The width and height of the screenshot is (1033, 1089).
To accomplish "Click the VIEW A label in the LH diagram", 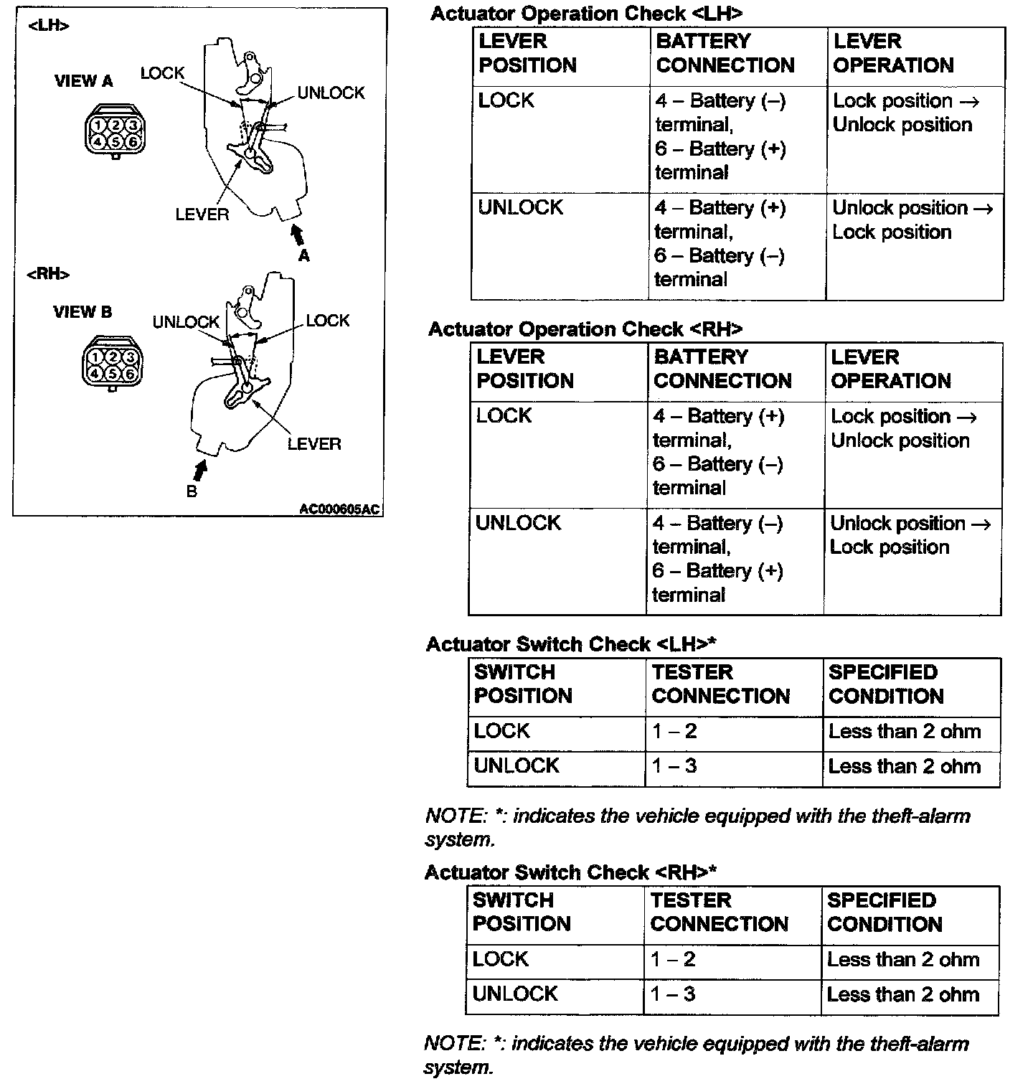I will click(x=83, y=81).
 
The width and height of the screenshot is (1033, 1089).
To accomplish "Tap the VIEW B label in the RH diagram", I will click(x=82, y=312).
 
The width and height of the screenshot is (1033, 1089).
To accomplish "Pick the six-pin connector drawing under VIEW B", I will click(x=113, y=364).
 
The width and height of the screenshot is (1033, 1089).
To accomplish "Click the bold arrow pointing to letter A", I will click(x=298, y=235).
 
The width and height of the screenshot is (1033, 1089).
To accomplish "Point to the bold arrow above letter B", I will click(x=199, y=469).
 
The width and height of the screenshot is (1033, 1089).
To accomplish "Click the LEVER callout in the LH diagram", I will click(x=202, y=214).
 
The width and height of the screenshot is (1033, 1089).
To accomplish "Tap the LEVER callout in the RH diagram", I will click(x=314, y=444).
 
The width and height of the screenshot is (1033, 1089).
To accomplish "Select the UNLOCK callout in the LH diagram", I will click(x=331, y=93).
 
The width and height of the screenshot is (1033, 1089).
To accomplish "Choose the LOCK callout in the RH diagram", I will click(x=327, y=321).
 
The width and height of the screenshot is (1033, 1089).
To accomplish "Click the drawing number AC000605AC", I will click(x=339, y=509).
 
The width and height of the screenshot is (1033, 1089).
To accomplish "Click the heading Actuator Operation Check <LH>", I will click(x=585, y=14).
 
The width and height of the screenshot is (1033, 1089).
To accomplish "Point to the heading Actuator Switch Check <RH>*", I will click(x=570, y=872).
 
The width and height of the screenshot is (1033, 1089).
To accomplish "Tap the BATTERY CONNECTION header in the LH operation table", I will click(x=725, y=53).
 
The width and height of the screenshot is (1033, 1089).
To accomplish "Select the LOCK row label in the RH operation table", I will click(x=504, y=416).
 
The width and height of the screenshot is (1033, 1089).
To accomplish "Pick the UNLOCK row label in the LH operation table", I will click(x=520, y=208).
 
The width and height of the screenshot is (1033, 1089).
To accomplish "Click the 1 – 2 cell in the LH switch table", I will click(x=674, y=732).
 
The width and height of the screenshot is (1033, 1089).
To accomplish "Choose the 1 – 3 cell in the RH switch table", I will click(x=673, y=994).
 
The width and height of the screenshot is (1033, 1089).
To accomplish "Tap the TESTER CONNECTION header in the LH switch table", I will click(x=720, y=684).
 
